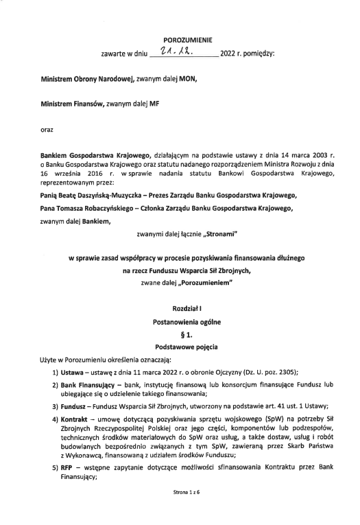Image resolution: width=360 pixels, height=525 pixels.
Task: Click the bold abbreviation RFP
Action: pos(68,467)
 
